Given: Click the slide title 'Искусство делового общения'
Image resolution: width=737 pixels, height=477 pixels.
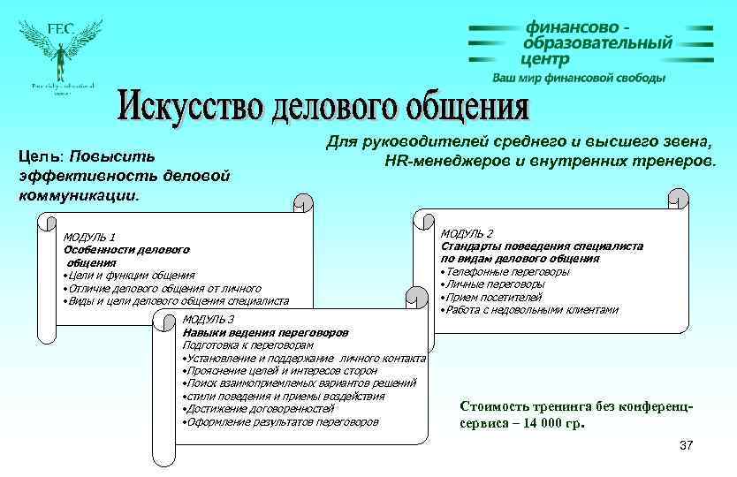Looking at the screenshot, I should (324, 106).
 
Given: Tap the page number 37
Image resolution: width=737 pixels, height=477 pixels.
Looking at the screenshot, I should (687, 444).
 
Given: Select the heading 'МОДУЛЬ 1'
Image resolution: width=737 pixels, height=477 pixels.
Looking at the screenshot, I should (89, 237).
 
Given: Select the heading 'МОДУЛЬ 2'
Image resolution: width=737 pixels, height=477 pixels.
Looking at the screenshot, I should (467, 233).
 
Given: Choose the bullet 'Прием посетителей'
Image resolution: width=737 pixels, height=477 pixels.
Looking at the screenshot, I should (492, 297).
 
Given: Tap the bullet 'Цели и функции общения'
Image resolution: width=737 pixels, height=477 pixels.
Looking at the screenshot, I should (129, 276).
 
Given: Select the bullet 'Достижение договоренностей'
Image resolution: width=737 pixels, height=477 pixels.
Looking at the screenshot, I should (256, 409).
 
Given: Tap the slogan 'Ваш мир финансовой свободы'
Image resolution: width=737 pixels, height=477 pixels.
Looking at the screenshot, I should (579, 78).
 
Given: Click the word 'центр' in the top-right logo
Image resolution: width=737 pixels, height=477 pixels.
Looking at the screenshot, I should (545, 59).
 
